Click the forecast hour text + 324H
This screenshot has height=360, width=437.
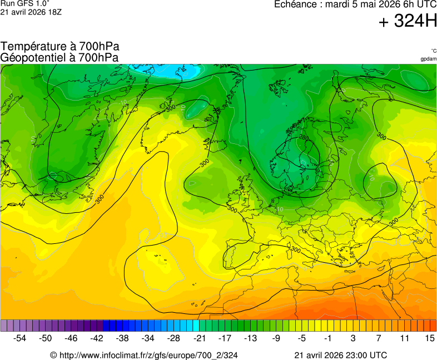tap(408, 22)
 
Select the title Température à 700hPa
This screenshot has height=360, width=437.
tap(60, 47)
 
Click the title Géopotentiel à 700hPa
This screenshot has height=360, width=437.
tap(59, 57)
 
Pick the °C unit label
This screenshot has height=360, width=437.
tap(433, 51)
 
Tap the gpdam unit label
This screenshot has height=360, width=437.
tap(428, 58)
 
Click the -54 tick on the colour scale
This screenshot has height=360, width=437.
tap(20, 338)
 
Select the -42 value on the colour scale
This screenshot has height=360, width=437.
tap(97, 338)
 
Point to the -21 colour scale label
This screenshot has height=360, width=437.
tap(199, 338)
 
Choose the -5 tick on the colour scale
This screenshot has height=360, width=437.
tap(301, 338)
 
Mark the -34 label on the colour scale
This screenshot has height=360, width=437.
tap(148, 338)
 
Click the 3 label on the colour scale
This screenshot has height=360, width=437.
tap(353, 338)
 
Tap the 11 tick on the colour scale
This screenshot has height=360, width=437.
tap(404, 338)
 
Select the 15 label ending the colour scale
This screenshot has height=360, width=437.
tap(429, 338)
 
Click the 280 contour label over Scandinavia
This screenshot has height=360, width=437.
tap(304, 137)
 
